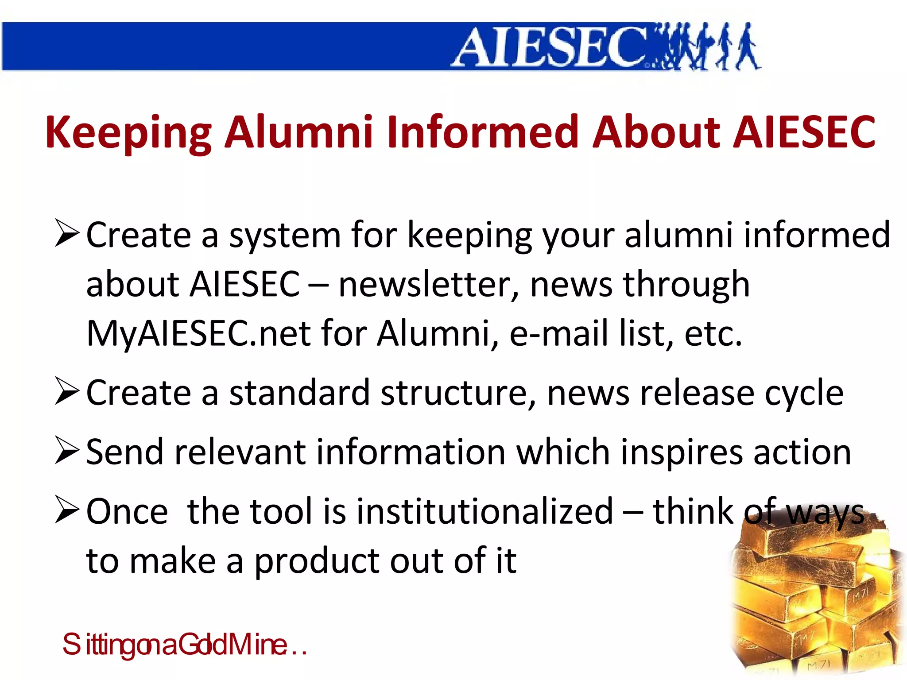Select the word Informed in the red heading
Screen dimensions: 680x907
(483, 131)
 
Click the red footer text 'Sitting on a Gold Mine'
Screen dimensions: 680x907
(184, 645)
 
